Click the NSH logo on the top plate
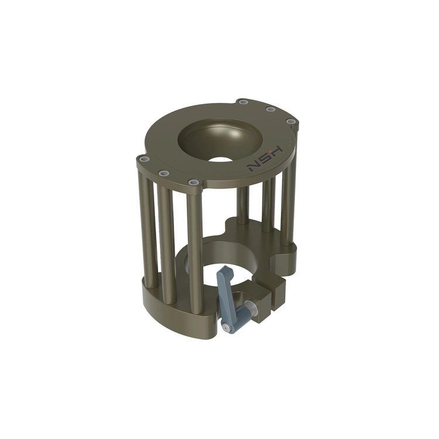[265, 159]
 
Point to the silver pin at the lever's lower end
[225, 326]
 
